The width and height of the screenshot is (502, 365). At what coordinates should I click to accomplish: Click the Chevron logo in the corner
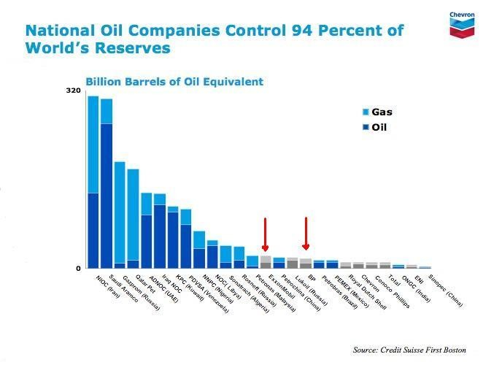point(463,22)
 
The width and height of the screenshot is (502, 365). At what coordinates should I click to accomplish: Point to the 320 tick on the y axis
point(74,91)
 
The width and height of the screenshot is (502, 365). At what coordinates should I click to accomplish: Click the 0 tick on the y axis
point(78,268)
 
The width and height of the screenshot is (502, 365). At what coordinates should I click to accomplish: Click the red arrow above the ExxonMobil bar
point(266,234)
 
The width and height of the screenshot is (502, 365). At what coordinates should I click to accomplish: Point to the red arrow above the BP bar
point(306,234)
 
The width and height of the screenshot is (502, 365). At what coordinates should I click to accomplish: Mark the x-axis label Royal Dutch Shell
point(363,293)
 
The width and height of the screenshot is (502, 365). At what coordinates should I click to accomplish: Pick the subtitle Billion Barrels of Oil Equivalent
point(174,82)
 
